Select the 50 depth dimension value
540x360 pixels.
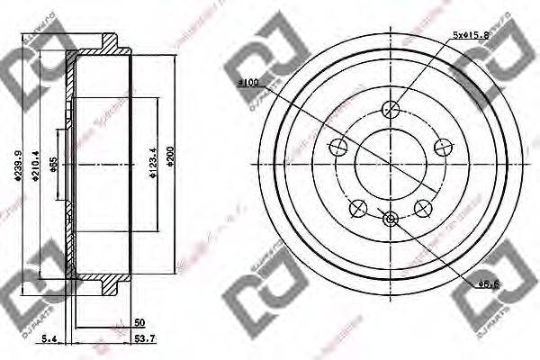click(x=139, y=320)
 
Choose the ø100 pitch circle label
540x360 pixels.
click(x=247, y=83)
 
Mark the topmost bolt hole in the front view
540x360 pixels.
click(x=390, y=110)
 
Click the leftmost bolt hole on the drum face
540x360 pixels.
click(x=338, y=148)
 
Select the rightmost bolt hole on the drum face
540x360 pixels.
click(x=442, y=148)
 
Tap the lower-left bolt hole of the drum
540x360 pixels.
click(x=358, y=208)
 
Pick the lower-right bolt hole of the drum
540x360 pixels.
click(x=421, y=208)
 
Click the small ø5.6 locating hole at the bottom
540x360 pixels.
click(x=390, y=219)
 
